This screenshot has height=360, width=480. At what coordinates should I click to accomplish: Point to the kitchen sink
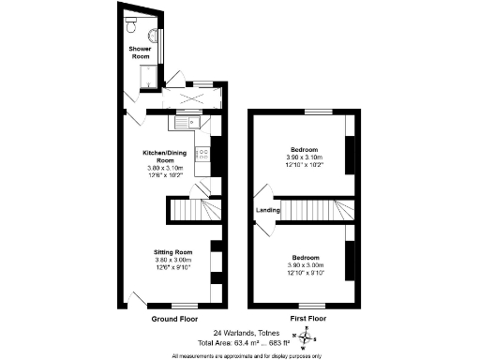click(x=183, y=120)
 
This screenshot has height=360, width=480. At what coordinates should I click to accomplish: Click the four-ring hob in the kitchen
click(x=202, y=154)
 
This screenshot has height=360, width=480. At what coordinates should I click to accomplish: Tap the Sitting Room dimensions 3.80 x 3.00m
click(x=173, y=260)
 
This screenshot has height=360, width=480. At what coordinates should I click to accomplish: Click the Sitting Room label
click(x=173, y=252)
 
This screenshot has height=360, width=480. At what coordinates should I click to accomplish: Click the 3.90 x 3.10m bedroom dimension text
click(x=305, y=157)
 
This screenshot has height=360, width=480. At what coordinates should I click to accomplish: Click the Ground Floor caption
click(x=174, y=319)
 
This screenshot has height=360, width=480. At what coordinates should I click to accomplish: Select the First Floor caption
click(x=307, y=319)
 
